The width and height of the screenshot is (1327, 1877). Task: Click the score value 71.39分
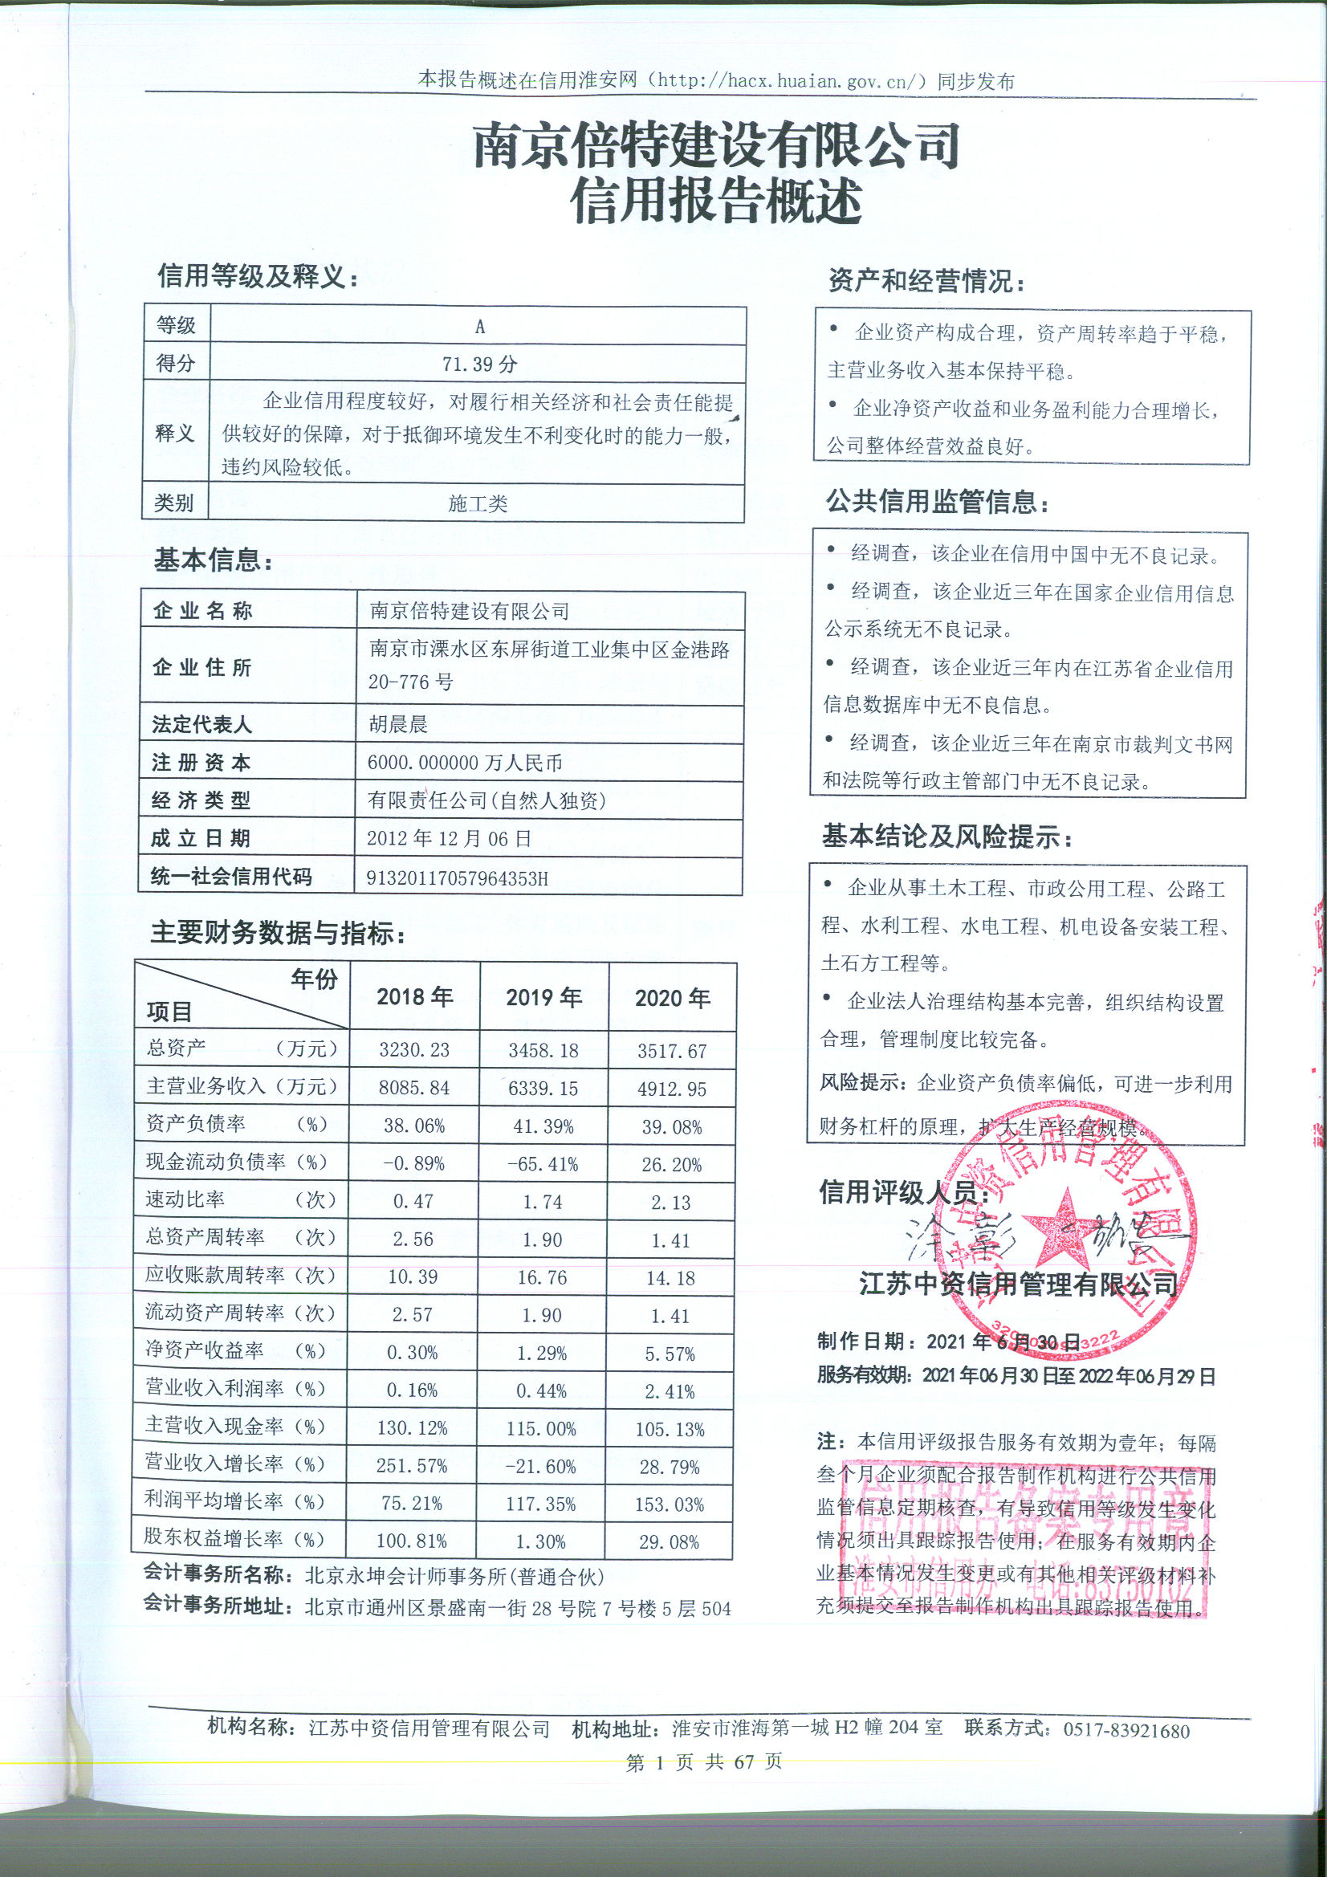coord(479,364)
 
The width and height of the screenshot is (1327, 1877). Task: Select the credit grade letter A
coord(480,327)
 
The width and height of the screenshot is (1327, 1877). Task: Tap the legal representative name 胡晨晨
coord(398,724)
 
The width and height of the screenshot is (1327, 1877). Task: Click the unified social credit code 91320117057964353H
coord(458,878)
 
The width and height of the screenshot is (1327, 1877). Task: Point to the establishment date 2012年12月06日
coord(449,839)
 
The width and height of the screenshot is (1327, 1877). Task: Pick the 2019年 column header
coord(543,997)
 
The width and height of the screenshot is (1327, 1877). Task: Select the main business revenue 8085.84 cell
coord(414,1088)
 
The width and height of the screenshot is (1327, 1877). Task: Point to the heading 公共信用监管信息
coord(936,502)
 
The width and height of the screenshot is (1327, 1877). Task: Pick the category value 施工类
coord(478,503)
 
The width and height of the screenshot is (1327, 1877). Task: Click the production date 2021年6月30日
coord(1004,1342)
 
